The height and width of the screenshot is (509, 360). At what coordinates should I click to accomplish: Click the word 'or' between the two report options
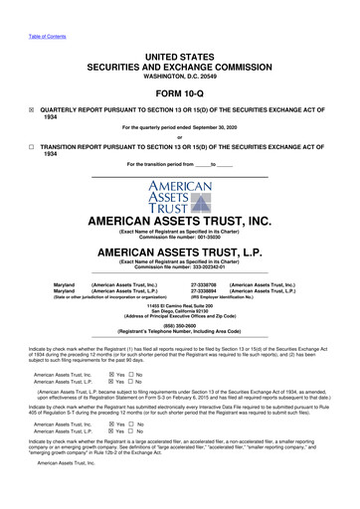pos(180,137)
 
